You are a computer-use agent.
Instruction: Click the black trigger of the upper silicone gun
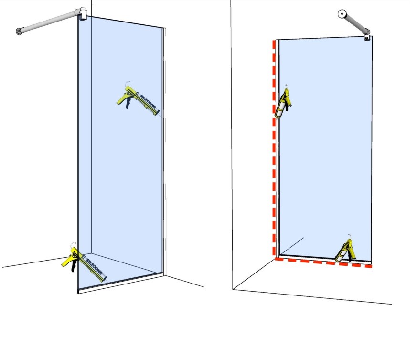click(x=128, y=103)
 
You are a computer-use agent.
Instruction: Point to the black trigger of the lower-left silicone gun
click(x=74, y=265)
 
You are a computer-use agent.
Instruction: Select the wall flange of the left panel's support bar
click(x=19, y=32)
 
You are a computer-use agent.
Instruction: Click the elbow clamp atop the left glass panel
click(x=82, y=13)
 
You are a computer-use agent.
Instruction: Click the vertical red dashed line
click(x=274, y=147)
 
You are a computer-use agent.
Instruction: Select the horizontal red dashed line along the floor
click(x=323, y=262)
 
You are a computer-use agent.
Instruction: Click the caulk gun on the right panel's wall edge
click(x=282, y=104)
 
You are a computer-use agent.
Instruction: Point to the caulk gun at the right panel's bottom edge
click(x=345, y=249)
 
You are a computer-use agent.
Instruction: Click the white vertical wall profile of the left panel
click(x=164, y=152)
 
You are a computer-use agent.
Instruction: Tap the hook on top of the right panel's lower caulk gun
click(x=350, y=237)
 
